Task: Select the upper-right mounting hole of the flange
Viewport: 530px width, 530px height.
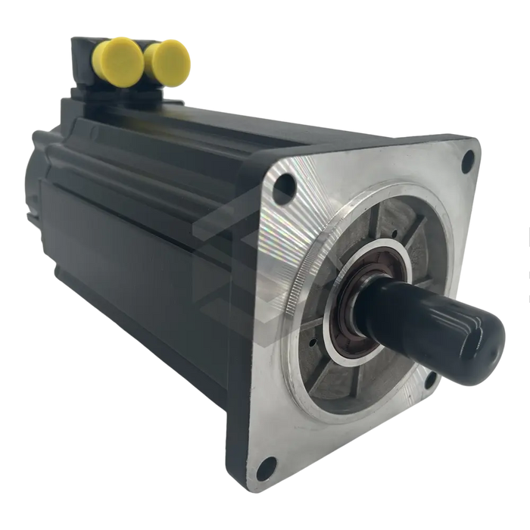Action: click(468, 158)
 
